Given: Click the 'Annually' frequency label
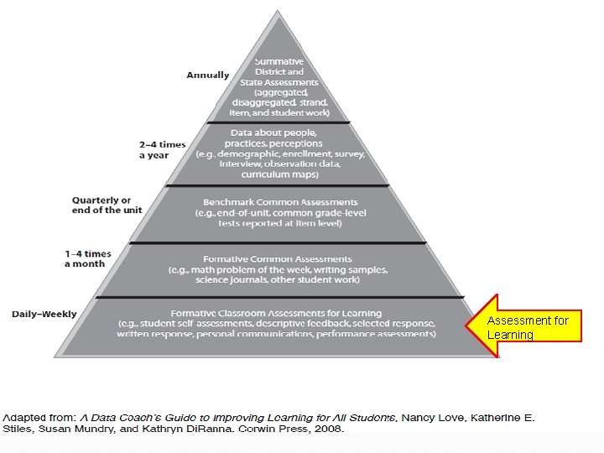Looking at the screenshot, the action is pos(207,75).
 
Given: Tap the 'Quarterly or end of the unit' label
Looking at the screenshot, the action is pos(101,206).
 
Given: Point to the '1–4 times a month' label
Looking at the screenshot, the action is pos(87,258).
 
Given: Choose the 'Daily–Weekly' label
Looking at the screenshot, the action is pos(44,315).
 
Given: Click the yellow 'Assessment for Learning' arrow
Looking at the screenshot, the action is pos(528,327).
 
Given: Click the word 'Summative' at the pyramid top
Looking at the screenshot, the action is pos(280,61).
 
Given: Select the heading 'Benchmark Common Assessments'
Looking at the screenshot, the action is pos(280,202).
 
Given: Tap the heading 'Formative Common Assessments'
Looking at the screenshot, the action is pos(277,259).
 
